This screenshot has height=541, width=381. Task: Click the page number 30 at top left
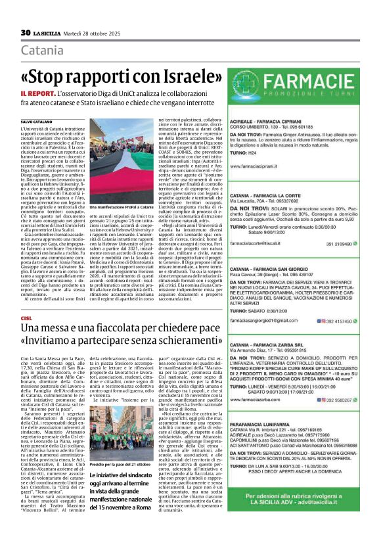click(x=25, y=33)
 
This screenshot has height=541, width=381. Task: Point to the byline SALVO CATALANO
click(x=35, y=122)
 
